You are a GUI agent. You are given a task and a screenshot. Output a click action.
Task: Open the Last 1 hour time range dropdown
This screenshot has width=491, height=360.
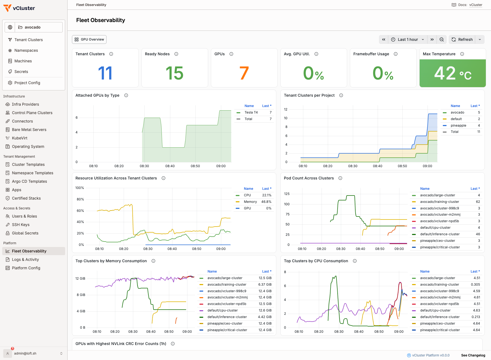click(x=408, y=39)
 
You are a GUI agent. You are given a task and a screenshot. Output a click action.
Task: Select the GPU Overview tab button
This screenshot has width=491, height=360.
click(x=89, y=39)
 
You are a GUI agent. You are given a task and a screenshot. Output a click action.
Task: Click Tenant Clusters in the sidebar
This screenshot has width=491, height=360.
click(x=29, y=40)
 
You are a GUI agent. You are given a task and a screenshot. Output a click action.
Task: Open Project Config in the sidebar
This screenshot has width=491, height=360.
click(x=27, y=83)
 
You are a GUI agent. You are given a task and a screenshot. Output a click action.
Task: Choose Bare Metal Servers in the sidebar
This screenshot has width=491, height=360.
click(x=29, y=130)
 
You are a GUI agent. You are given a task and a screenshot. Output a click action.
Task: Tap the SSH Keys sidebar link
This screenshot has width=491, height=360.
click(x=21, y=225)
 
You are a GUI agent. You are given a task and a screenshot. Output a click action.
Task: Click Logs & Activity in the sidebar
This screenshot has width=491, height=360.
click(x=25, y=260)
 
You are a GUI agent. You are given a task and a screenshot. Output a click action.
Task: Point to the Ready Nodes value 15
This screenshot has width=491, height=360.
click(x=175, y=73)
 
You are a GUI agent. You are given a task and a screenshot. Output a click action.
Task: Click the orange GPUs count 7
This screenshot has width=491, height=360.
click(x=244, y=73)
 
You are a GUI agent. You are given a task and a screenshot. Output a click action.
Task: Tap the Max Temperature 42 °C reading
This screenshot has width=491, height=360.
click(x=453, y=73)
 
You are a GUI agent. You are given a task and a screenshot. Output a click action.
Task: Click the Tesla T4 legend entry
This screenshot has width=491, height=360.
click(x=251, y=112)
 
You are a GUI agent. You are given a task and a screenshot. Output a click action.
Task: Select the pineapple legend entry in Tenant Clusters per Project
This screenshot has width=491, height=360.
click(x=458, y=126)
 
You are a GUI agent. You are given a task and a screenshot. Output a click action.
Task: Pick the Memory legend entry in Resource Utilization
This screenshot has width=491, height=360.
click(x=250, y=202)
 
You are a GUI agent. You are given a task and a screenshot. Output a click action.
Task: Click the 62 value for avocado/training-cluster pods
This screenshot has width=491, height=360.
click(x=478, y=202)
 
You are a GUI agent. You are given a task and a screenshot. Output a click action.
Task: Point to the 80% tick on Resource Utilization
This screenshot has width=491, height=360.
click(x=80, y=199)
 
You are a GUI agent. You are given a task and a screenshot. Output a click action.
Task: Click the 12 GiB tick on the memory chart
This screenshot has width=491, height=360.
click(x=80, y=279)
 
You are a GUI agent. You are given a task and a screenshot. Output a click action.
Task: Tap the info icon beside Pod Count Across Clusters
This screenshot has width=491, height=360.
click(x=340, y=178)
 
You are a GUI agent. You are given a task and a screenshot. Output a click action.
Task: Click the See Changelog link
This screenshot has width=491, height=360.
click(x=473, y=355)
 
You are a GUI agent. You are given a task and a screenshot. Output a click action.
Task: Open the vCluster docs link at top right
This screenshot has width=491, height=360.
click(x=476, y=5)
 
